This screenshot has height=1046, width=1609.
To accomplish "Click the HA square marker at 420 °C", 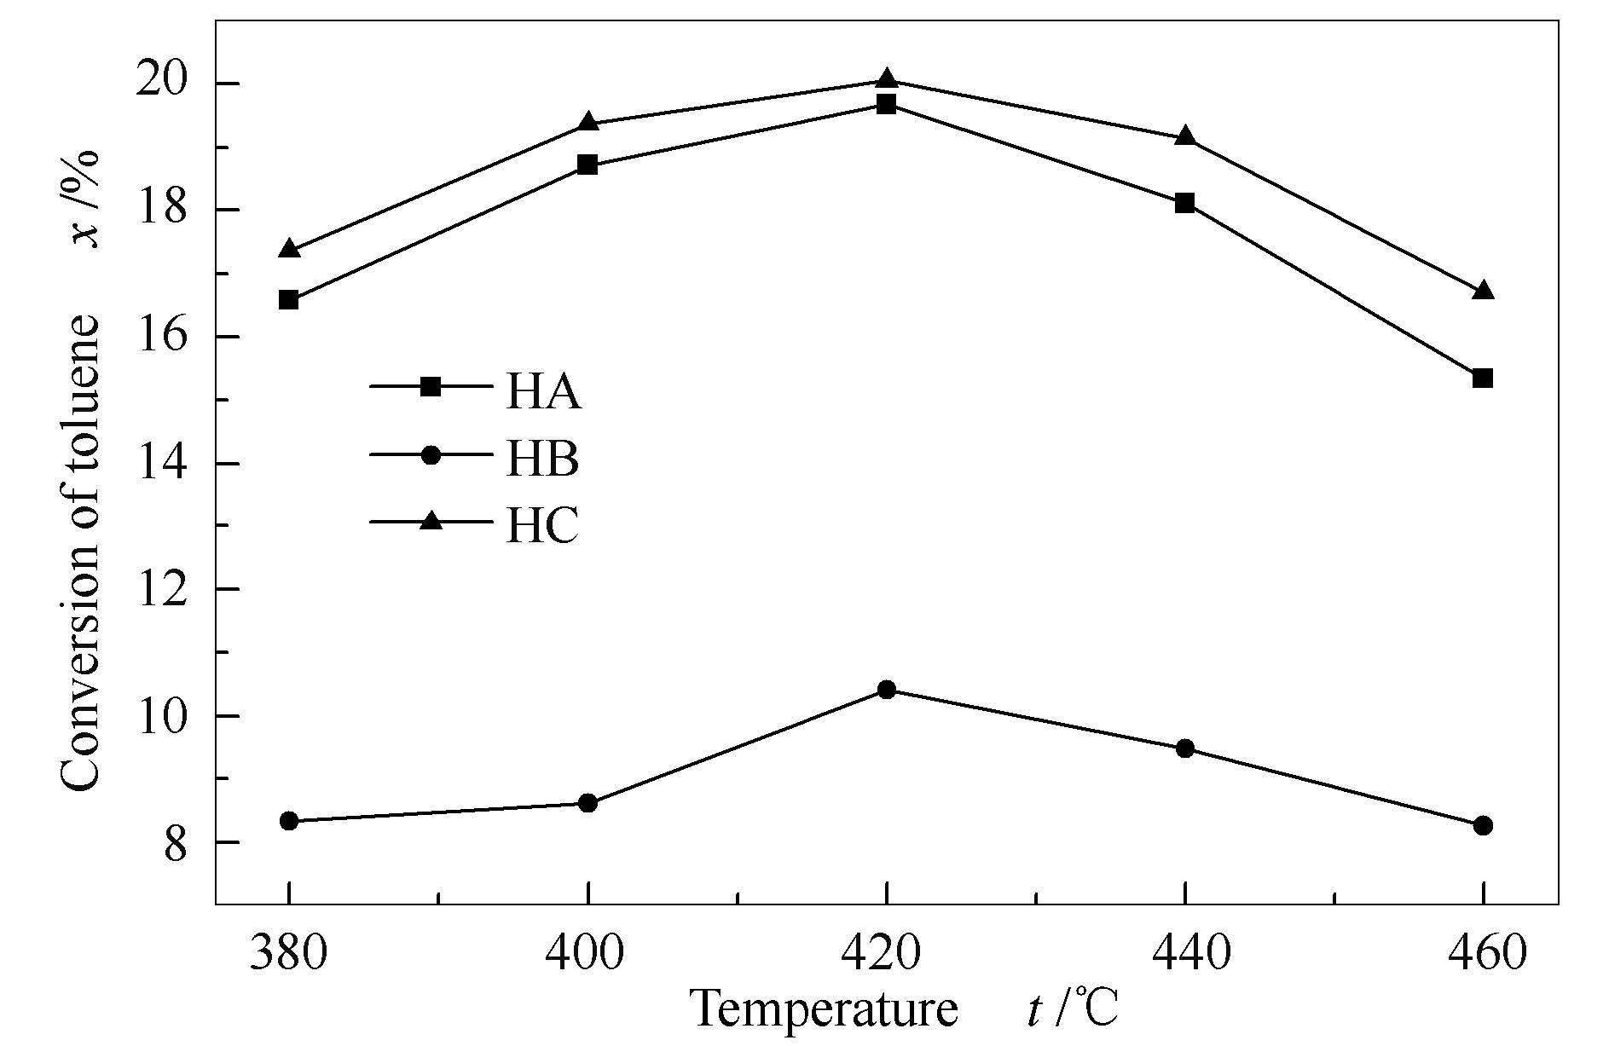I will pos(887,105).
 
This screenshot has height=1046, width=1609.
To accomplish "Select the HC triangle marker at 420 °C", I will pos(887,79).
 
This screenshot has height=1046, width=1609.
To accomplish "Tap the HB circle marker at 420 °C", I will pos(887,689).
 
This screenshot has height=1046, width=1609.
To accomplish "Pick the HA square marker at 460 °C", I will pos(1483,378).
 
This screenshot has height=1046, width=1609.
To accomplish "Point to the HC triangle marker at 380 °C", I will pos(289,249).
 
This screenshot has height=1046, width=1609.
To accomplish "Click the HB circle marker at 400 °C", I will pos(587,802).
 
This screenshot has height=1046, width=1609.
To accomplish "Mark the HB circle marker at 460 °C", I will pos(1483,825).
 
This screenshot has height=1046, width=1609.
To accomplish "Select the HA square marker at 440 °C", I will pos(1184,203).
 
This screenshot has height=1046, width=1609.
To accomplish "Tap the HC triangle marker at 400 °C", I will pos(587,122).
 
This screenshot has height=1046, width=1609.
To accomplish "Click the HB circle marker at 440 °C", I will pos(1184,748).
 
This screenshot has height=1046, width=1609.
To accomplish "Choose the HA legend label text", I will pos(543,394).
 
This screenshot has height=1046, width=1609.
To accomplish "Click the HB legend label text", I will pos(542,459).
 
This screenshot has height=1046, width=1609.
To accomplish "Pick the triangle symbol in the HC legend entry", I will pos(431,520).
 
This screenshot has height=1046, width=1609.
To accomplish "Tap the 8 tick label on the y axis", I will pos(176,843).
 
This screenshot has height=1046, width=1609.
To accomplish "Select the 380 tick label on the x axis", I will pos(288,952).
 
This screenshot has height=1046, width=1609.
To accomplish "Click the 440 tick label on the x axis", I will pos(1184,952).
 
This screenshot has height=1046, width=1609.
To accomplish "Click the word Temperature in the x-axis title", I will pos(824,1009).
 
